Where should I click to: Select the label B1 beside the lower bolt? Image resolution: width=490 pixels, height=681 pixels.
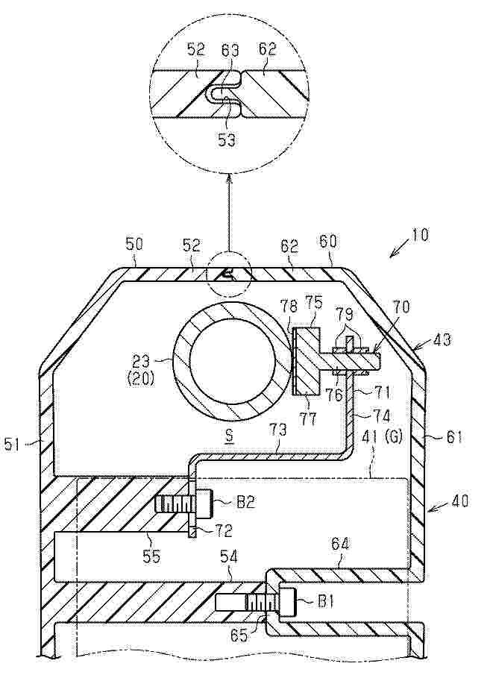pyautogui.click(x=324, y=603)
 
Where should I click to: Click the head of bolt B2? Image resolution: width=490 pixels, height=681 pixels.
pyautogui.click(x=204, y=503)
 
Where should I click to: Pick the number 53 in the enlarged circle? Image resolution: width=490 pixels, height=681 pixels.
pyautogui.click(x=227, y=140)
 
